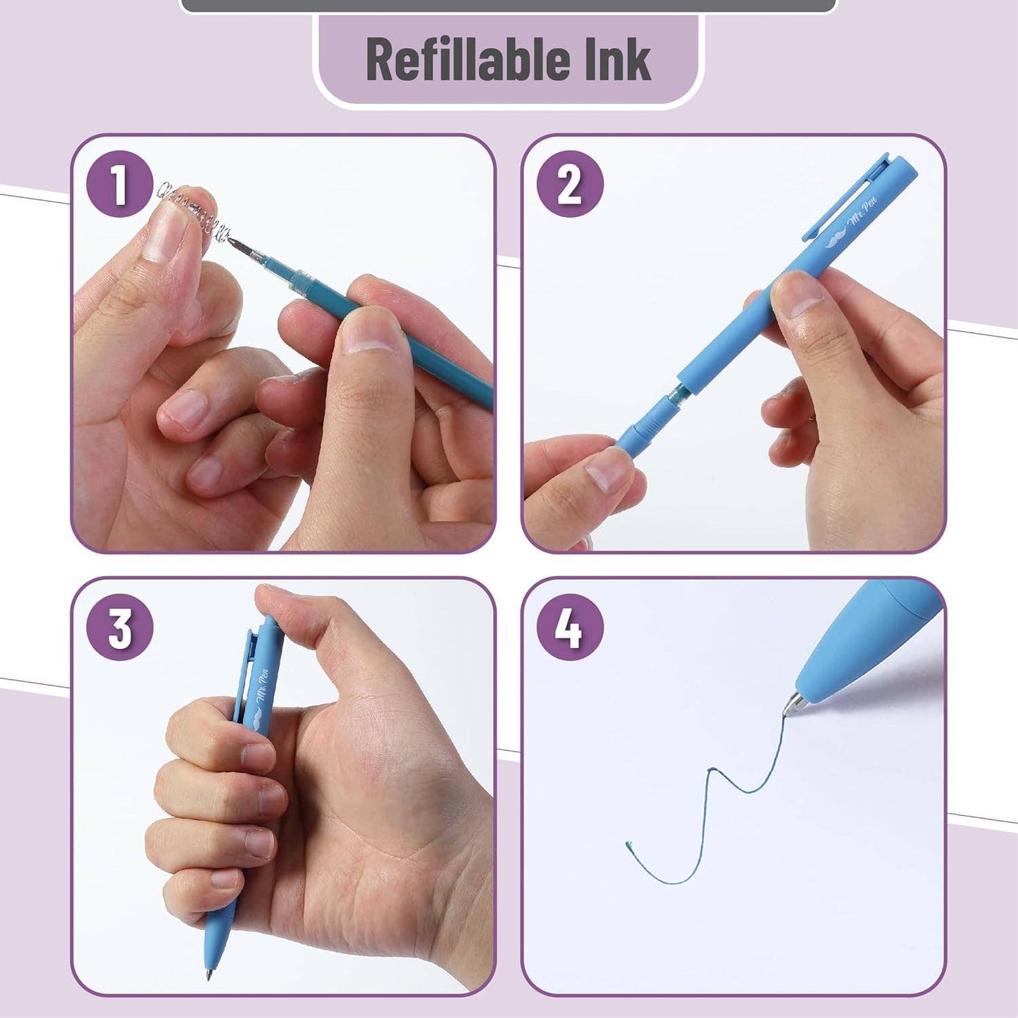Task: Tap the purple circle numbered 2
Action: (x=569, y=184)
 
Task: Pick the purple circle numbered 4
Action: (x=569, y=627)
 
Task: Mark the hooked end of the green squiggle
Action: (x=629, y=844)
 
